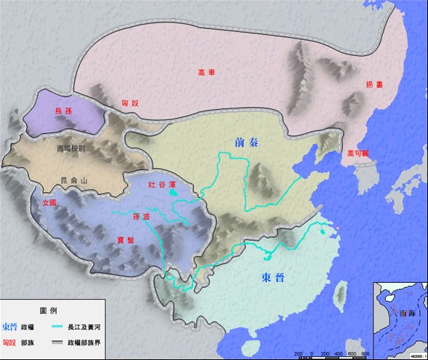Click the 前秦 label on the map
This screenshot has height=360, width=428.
click(x=247, y=143)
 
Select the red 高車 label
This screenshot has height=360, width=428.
click(x=207, y=72)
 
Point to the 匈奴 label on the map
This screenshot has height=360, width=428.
click(x=129, y=104)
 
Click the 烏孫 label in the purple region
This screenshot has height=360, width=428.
click(x=63, y=111)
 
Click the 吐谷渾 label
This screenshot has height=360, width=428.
click(x=162, y=185)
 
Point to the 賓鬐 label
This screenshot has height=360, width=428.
click(x=125, y=239)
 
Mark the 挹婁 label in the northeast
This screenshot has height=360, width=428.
click(x=374, y=85)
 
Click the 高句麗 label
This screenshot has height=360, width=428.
click(x=359, y=153)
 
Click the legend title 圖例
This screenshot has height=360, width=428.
click(x=53, y=310)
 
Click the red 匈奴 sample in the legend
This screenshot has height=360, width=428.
click(x=10, y=342)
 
